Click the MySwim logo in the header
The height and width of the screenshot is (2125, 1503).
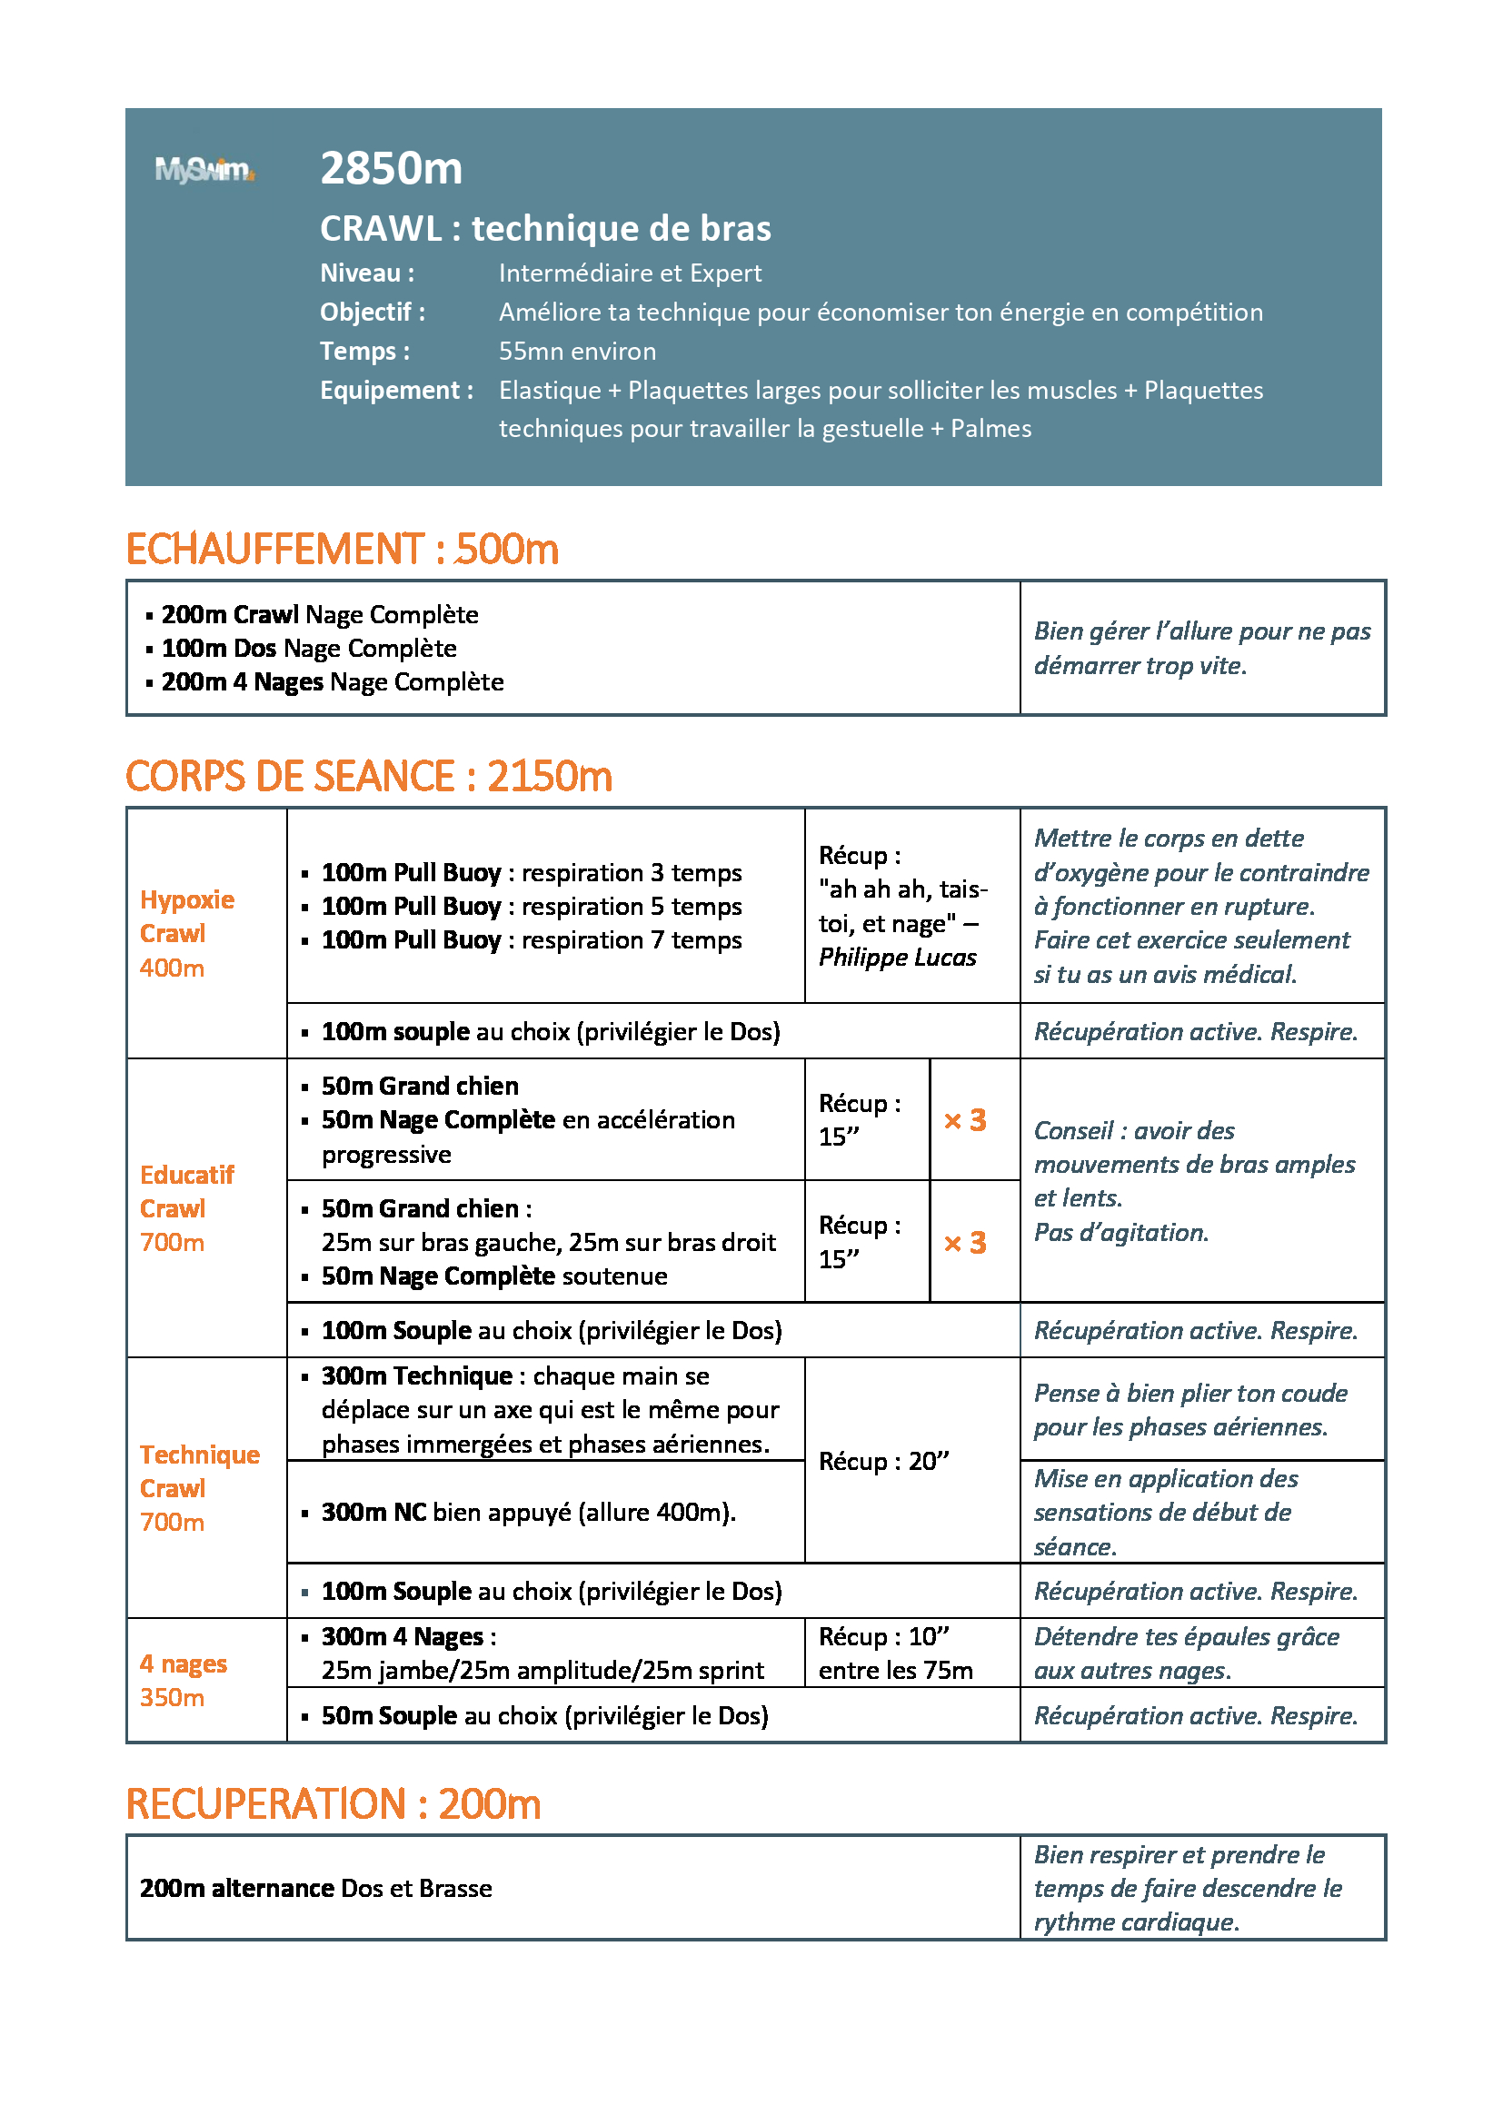click(x=204, y=170)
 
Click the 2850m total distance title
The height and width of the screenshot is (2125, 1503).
click(x=391, y=168)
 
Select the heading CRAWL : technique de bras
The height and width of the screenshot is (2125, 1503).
click(x=545, y=229)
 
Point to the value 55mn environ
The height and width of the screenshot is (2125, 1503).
click(x=578, y=352)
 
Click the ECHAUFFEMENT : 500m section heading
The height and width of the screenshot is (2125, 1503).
click(x=342, y=550)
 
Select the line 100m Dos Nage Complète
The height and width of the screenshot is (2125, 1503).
click(x=309, y=649)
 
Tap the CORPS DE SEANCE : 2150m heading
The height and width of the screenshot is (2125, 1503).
click(x=368, y=777)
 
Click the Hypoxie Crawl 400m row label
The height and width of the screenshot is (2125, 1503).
click(x=186, y=934)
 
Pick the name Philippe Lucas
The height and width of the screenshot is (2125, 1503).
click(x=897, y=958)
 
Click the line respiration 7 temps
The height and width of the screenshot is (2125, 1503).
click(x=532, y=940)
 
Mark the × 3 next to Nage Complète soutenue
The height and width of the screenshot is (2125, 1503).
click(x=964, y=1243)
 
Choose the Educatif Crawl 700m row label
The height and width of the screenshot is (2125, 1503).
click(x=186, y=1208)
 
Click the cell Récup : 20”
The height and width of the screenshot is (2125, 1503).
click(x=884, y=1462)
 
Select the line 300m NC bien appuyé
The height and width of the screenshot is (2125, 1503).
click(x=528, y=1513)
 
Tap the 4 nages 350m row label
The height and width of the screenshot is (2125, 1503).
click(x=184, y=1681)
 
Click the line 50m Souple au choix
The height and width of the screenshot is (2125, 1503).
click(x=544, y=1716)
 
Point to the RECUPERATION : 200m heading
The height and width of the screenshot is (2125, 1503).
click(x=333, y=1805)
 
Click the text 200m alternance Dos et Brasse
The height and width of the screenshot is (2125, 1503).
click(x=315, y=1888)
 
